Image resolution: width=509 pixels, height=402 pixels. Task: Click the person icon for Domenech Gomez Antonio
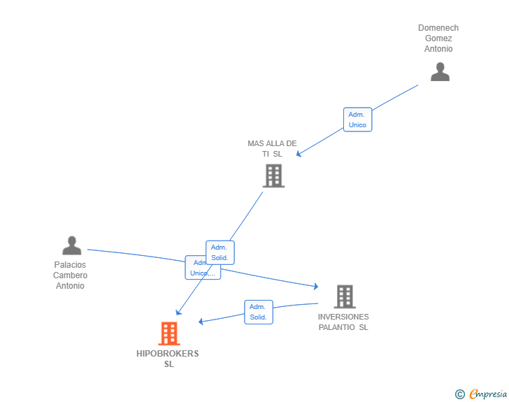point(440,71)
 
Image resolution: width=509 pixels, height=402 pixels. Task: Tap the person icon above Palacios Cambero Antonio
point(71,245)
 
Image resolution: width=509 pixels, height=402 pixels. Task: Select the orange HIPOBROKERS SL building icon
point(169,333)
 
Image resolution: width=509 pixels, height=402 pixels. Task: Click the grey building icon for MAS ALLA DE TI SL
point(273,175)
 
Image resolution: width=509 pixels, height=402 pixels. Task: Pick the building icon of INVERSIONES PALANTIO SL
point(344,296)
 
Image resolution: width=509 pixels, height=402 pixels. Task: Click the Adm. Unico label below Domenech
point(357,120)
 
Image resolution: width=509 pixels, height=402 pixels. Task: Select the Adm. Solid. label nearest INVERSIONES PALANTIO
point(258,312)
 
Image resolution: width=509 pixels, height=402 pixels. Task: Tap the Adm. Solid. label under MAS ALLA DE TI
point(220,252)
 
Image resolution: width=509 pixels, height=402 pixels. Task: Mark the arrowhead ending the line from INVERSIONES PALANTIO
point(201,322)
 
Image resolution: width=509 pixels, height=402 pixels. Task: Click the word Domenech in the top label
point(438,28)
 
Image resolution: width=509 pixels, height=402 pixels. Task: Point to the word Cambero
point(71,275)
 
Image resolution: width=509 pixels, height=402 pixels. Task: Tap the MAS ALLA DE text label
point(272,143)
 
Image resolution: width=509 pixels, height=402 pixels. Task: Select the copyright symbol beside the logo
point(460,395)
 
